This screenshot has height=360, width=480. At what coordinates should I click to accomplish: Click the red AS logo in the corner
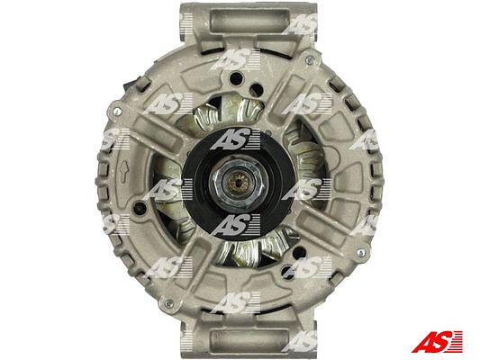point(437,341)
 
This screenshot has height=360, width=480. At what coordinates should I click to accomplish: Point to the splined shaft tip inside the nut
point(238,183)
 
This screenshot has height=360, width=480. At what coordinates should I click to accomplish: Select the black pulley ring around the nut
point(238,184)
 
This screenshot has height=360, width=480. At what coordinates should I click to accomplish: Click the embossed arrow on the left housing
point(123,173)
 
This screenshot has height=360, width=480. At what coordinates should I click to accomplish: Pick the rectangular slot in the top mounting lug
point(250,21)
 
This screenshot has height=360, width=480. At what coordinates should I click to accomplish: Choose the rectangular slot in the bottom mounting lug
point(250,339)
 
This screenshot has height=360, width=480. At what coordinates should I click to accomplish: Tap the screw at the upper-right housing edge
point(310,60)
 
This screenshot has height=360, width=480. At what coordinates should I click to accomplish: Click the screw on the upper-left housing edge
point(117,112)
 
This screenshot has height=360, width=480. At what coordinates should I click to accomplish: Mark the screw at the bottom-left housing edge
point(168,303)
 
